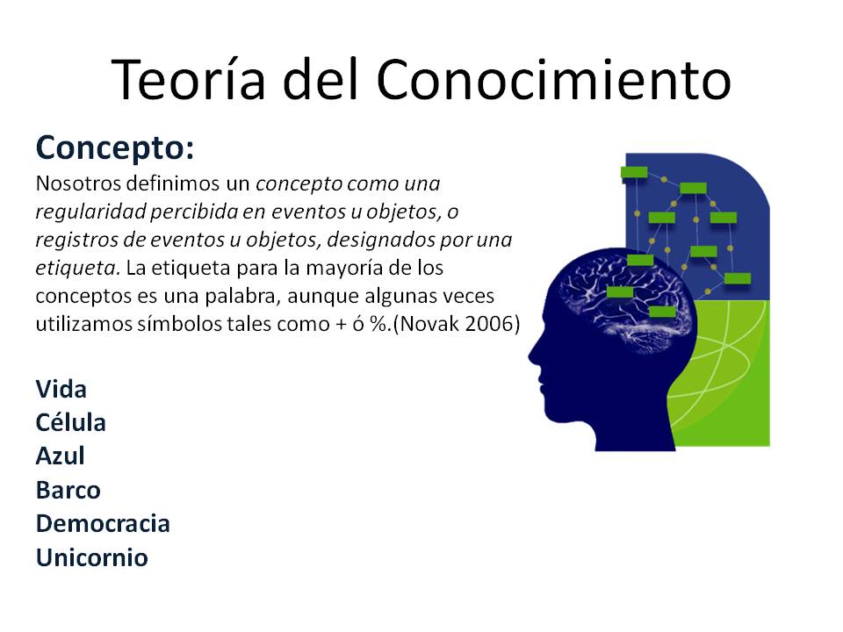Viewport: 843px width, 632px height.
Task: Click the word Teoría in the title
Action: click(189, 79)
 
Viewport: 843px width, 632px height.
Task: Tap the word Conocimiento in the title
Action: click(554, 79)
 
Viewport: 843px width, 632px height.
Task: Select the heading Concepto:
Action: click(114, 147)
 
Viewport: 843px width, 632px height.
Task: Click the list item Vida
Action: click(61, 389)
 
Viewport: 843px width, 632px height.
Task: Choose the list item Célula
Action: click(70, 422)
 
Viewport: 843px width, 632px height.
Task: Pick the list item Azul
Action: click(61, 456)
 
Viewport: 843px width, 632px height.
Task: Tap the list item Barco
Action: click(68, 490)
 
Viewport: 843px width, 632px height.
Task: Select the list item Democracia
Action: click(103, 523)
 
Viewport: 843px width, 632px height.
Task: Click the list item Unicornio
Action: click(91, 557)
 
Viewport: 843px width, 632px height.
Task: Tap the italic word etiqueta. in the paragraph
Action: click(78, 268)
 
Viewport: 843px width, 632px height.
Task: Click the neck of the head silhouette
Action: click(634, 430)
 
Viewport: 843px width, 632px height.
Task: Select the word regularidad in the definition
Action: click(90, 212)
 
